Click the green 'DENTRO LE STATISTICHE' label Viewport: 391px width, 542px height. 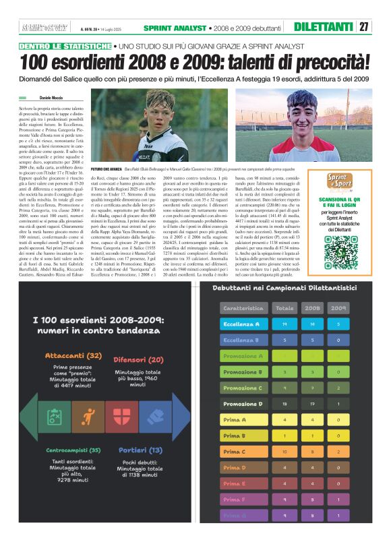(x=65, y=46)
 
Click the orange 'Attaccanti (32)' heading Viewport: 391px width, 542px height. (x=73, y=355)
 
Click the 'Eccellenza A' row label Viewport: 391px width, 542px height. (x=243, y=324)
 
